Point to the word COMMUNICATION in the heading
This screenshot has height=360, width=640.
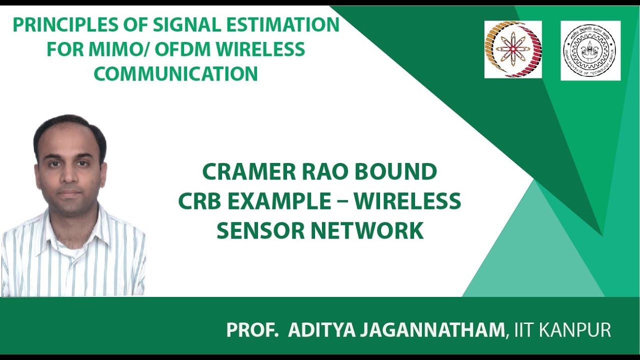[175, 74]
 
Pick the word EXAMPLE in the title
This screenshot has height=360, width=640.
[277, 201]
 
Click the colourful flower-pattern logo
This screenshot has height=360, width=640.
[512, 49]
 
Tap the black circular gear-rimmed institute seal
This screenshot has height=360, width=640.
[590, 50]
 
